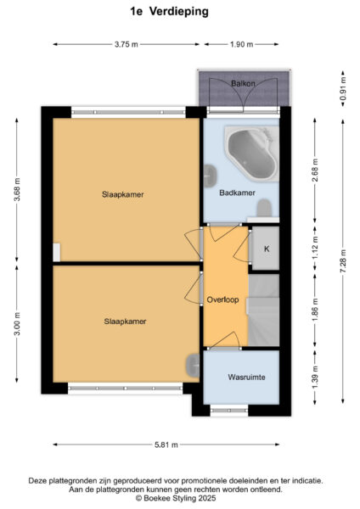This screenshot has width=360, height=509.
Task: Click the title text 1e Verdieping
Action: tap(169, 11)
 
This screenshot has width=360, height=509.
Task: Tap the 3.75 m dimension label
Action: tap(126, 44)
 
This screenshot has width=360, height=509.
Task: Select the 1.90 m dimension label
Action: tap(241, 44)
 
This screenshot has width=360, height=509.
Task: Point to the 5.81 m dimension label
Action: tap(166, 445)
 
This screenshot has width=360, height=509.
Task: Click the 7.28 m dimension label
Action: tap(343, 261)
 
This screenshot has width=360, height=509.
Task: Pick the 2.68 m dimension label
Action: tap(315, 171)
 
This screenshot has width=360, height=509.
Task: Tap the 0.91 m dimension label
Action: tap(343, 88)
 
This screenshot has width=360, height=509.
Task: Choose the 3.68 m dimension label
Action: tap(17, 189)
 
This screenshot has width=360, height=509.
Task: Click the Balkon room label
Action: tap(243, 83)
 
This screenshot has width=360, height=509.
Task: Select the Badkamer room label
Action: tap(237, 193)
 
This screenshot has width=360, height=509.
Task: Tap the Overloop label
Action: tap(223, 299)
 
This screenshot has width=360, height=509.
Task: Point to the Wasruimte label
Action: tap(246, 378)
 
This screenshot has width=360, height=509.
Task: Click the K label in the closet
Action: tap(267, 249)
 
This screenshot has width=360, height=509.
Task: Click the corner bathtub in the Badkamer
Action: tap(252, 154)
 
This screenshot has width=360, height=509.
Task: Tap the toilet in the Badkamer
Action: tap(264, 208)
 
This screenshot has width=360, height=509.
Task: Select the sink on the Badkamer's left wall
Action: tap(211, 176)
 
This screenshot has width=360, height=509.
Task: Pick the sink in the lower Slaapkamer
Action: tap(193, 366)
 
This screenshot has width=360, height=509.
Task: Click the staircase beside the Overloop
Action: tap(263, 310)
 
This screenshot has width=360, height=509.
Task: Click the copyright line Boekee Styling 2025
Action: tap(176, 498)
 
